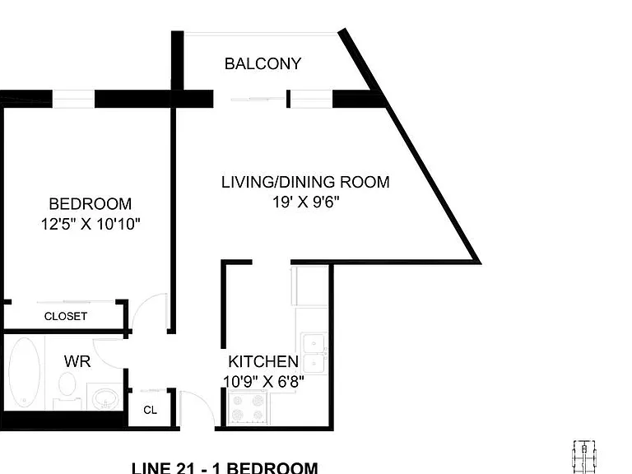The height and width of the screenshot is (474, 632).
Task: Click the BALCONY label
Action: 263,63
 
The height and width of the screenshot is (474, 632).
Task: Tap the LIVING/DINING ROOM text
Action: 305,182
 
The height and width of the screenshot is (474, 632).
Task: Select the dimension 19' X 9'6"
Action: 306,202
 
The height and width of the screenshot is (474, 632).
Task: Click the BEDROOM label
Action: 91,204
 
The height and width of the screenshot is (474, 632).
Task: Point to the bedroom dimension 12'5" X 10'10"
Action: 91,224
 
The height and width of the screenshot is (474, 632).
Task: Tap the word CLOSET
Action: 66,316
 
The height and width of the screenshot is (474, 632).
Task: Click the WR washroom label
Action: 77,361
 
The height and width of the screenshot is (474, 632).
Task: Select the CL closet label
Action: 150,410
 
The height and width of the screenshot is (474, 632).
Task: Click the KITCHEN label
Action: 263,361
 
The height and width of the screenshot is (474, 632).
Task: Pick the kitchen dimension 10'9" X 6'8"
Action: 263,381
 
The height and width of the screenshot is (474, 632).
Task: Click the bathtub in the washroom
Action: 25,373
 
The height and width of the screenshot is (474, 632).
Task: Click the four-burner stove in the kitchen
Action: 248,407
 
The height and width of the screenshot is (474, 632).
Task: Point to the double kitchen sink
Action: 314,354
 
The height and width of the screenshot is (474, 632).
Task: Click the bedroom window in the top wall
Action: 73,99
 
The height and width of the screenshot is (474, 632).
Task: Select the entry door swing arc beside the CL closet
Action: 202,403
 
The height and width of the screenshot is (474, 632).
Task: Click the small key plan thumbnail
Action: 584,457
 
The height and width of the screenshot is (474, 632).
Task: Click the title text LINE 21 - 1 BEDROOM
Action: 225,468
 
